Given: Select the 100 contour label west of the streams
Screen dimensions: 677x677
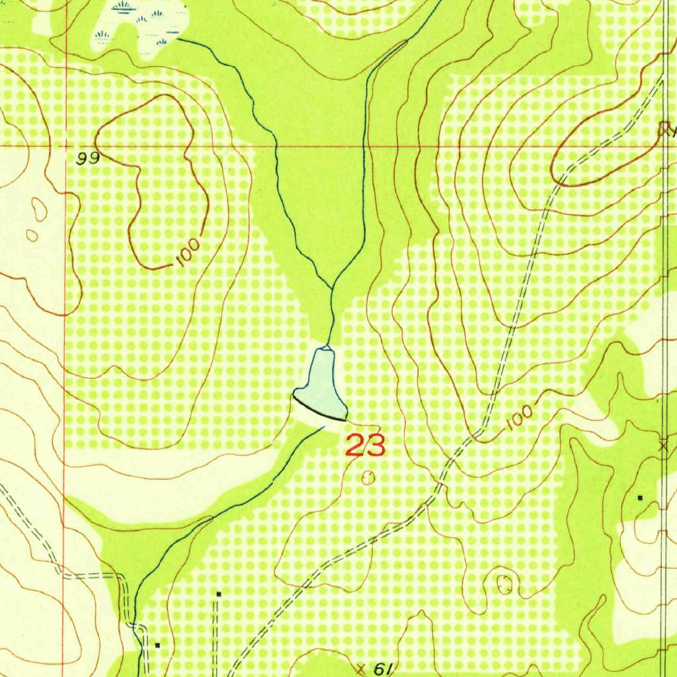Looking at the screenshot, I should point(188,253).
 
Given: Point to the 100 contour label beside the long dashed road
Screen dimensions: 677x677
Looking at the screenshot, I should point(521,417).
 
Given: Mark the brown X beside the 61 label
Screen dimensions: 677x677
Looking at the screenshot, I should point(361,667).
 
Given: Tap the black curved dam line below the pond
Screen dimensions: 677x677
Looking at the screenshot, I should point(319,409).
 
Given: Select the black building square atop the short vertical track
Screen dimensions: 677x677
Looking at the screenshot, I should point(218,594).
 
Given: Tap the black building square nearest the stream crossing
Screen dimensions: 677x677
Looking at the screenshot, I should point(157,644).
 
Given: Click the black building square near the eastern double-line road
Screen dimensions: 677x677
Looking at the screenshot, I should point(639,497).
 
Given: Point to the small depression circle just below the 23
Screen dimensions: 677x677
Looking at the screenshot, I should point(369,476).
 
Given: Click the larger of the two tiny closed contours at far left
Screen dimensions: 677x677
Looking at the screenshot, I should point(40,211).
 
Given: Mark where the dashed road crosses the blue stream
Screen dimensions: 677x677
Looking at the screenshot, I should point(136,625).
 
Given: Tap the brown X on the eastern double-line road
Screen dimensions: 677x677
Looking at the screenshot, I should point(664,446).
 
